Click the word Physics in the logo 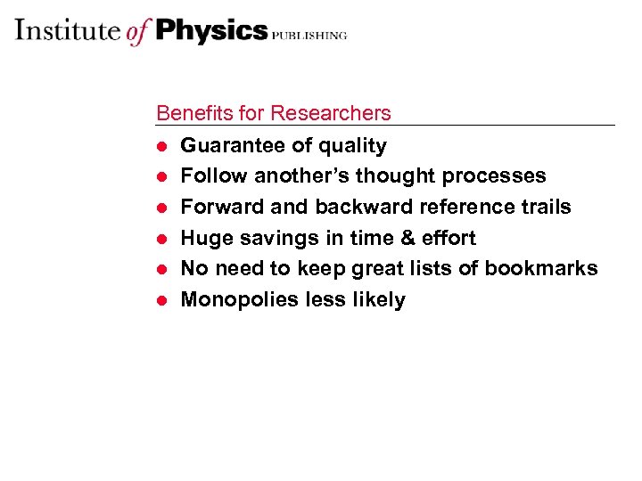(211, 31)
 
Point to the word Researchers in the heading (331, 113)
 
